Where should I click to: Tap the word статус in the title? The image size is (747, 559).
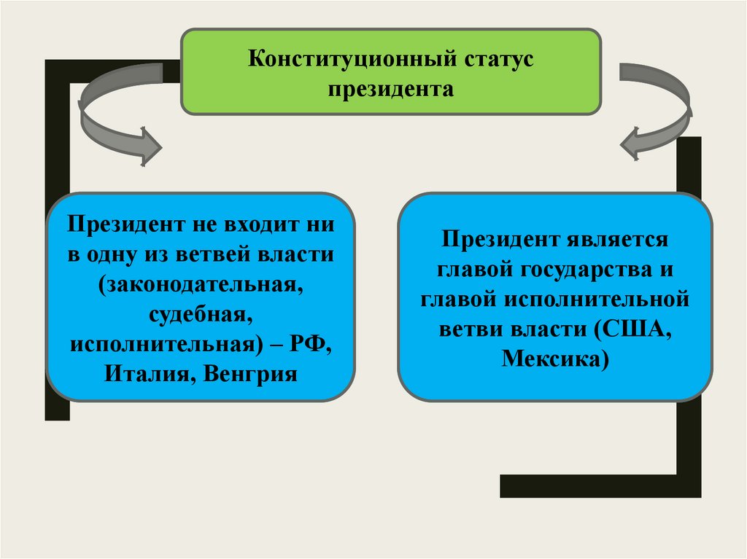coord(496,59)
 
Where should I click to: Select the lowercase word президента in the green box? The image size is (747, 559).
coord(390,90)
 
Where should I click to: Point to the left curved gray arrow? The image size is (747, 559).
coord(117,120)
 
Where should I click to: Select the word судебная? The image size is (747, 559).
coord(201,314)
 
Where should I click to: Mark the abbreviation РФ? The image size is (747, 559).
coord(314,344)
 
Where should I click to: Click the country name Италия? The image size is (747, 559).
coord(150,375)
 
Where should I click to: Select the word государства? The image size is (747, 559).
coord(576,270)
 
